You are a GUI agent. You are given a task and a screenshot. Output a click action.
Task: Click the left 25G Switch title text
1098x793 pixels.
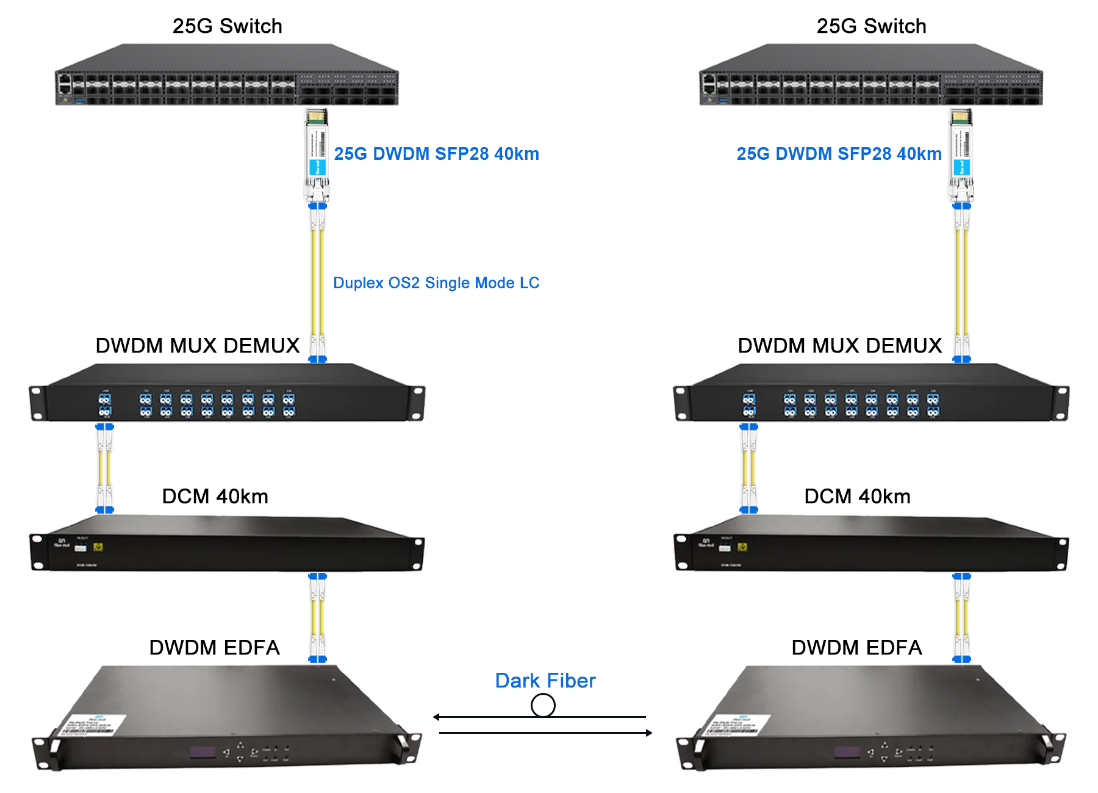pyautogui.click(x=227, y=26)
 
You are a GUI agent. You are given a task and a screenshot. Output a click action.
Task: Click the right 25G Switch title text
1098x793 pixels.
pyautogui.click(x=871, y=26)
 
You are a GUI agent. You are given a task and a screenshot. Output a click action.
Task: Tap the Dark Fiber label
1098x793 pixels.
pyautogui.click(x=545, y=680)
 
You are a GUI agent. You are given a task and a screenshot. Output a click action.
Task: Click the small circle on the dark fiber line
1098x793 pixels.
pyautogui.click(x=543, y=706)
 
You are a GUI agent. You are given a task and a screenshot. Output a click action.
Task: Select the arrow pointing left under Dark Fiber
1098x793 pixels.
pyautogui.click(x=437, y=717)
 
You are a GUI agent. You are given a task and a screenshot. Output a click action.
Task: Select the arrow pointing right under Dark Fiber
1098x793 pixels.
pyautogui.click(x=648, y=733)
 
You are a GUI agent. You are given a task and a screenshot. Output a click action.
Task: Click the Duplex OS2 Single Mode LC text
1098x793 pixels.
pyautogui.click(x=436, y=282)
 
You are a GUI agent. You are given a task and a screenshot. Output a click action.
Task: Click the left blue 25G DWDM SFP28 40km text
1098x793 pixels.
pyautogui.click(x=436, y=154)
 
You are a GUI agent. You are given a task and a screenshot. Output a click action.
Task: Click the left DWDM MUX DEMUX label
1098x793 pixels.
pyautogui.click(x=197, y=345)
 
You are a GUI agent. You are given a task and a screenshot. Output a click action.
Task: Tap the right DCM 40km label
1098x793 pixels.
pyautogui.click(x=857, y=496)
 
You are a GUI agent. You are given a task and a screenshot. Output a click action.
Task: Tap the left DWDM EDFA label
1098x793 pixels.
pyautogui.click(x=214, y=647)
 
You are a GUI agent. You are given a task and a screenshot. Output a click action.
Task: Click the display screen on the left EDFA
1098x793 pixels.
pyautogui.click(x=203, y=752)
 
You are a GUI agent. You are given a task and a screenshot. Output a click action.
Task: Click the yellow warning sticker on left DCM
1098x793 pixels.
pyautogui.click(x=98, y=547)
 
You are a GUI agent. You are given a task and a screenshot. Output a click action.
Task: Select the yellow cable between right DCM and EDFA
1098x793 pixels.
pyautogui.click(x=961, y=617)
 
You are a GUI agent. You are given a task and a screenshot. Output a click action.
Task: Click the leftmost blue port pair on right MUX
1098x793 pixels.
pyautogui.click(x=749, y=405)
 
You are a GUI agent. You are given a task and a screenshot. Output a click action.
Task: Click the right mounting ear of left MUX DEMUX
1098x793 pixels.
pyautogui.click(x=417, y=403)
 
